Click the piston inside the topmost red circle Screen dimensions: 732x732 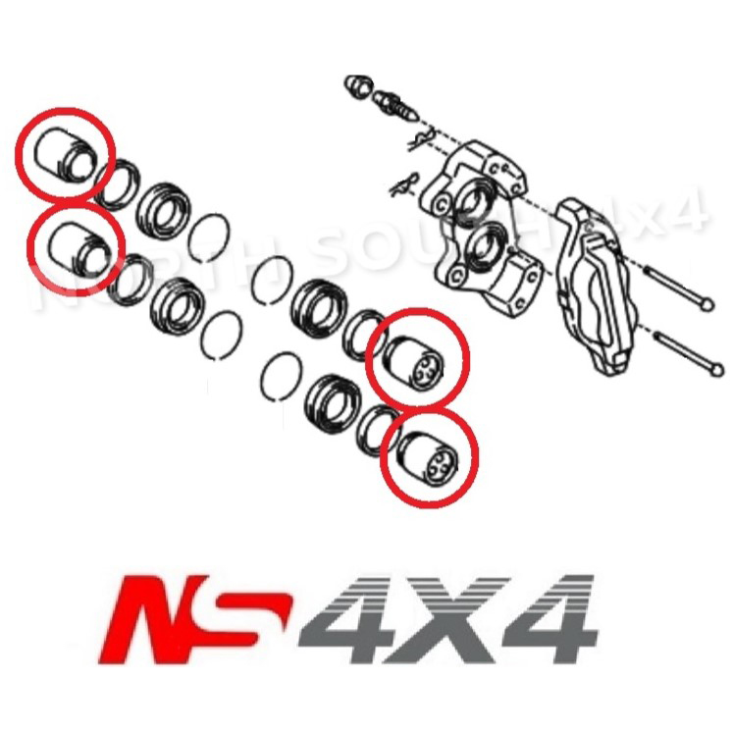[63, 158]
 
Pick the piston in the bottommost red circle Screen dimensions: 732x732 [427, 457]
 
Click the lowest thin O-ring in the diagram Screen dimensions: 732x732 [282, 376]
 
